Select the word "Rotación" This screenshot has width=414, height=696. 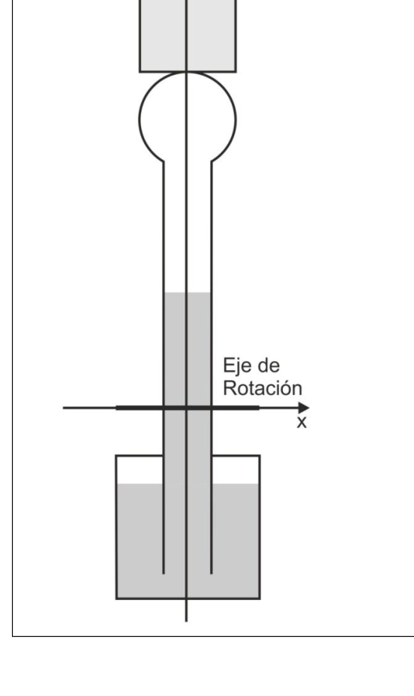point(262,388)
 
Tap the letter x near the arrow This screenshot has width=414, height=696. point(301,422)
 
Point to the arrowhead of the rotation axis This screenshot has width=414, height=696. point(304,408)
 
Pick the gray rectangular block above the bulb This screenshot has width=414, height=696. point(188,35)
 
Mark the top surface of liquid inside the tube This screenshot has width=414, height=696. point(187,293)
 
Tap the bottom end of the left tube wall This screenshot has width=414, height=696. point(163,574)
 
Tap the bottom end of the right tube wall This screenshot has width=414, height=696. point(211,574)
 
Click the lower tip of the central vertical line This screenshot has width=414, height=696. point(186,622)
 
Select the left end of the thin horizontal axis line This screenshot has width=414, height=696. point(64,408)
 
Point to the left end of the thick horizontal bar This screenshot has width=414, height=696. point(116,408)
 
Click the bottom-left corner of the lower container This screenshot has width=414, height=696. point(116,599)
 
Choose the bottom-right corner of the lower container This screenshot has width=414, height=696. point(259,599)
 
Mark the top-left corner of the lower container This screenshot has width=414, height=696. point(116,456)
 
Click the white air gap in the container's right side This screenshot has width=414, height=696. point(235,470)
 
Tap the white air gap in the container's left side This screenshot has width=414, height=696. point(140,470)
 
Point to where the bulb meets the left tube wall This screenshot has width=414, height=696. point(163,161)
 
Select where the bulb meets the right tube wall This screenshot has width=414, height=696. point(211,161)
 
